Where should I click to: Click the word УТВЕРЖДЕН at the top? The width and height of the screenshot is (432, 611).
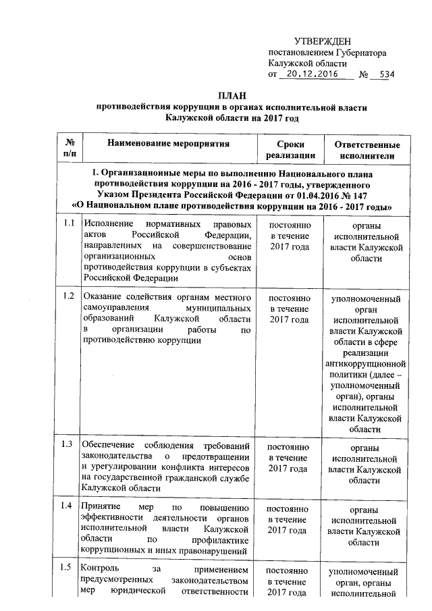point(322,43)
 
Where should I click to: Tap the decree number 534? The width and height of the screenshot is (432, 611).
point(383,74)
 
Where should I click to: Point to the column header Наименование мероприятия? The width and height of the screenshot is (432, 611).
point(167,144)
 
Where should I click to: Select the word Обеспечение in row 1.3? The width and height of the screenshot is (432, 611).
point(108,445)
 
